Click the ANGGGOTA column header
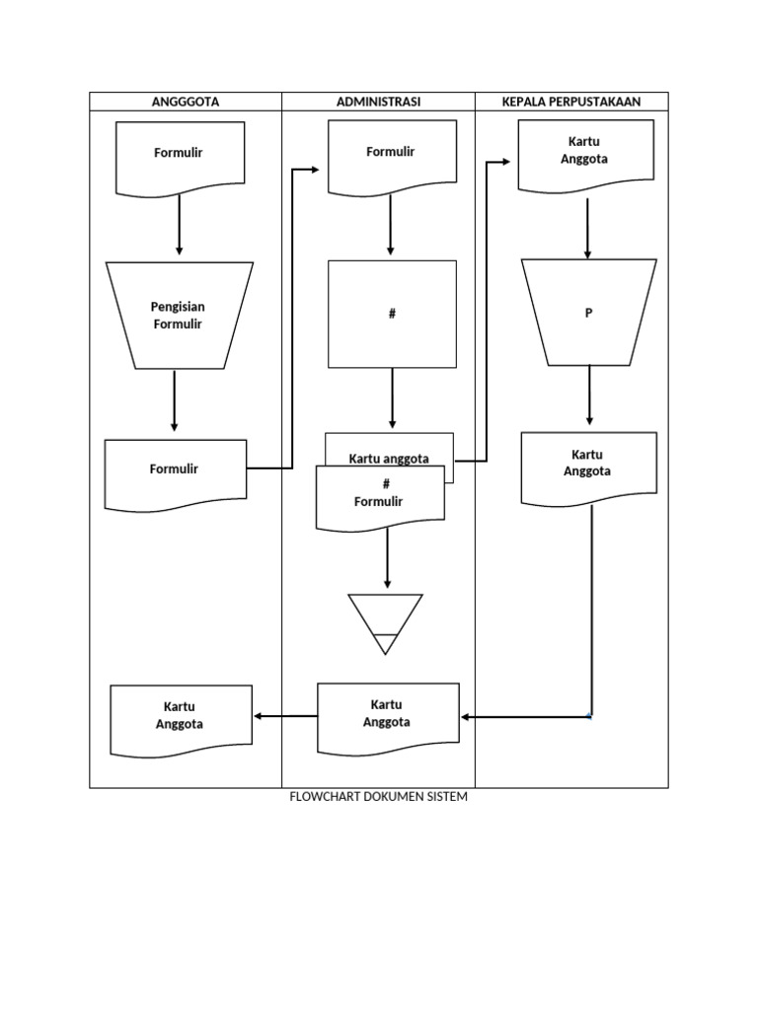coord(186,102)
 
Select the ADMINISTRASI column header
coord(378,102)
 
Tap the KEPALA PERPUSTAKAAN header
coord(571,102)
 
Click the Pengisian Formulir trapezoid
coord(179,316)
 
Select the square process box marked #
coord(392,314)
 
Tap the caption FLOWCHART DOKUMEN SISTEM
coord(378,797)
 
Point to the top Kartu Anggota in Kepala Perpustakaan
coord(585,154)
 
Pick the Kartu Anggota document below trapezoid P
coord(588,466)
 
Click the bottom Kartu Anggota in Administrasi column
coord(387,717)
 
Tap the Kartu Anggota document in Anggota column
coord(180,719)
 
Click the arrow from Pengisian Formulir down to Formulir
coord(175,400)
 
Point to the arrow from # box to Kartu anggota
coord(392,399)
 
